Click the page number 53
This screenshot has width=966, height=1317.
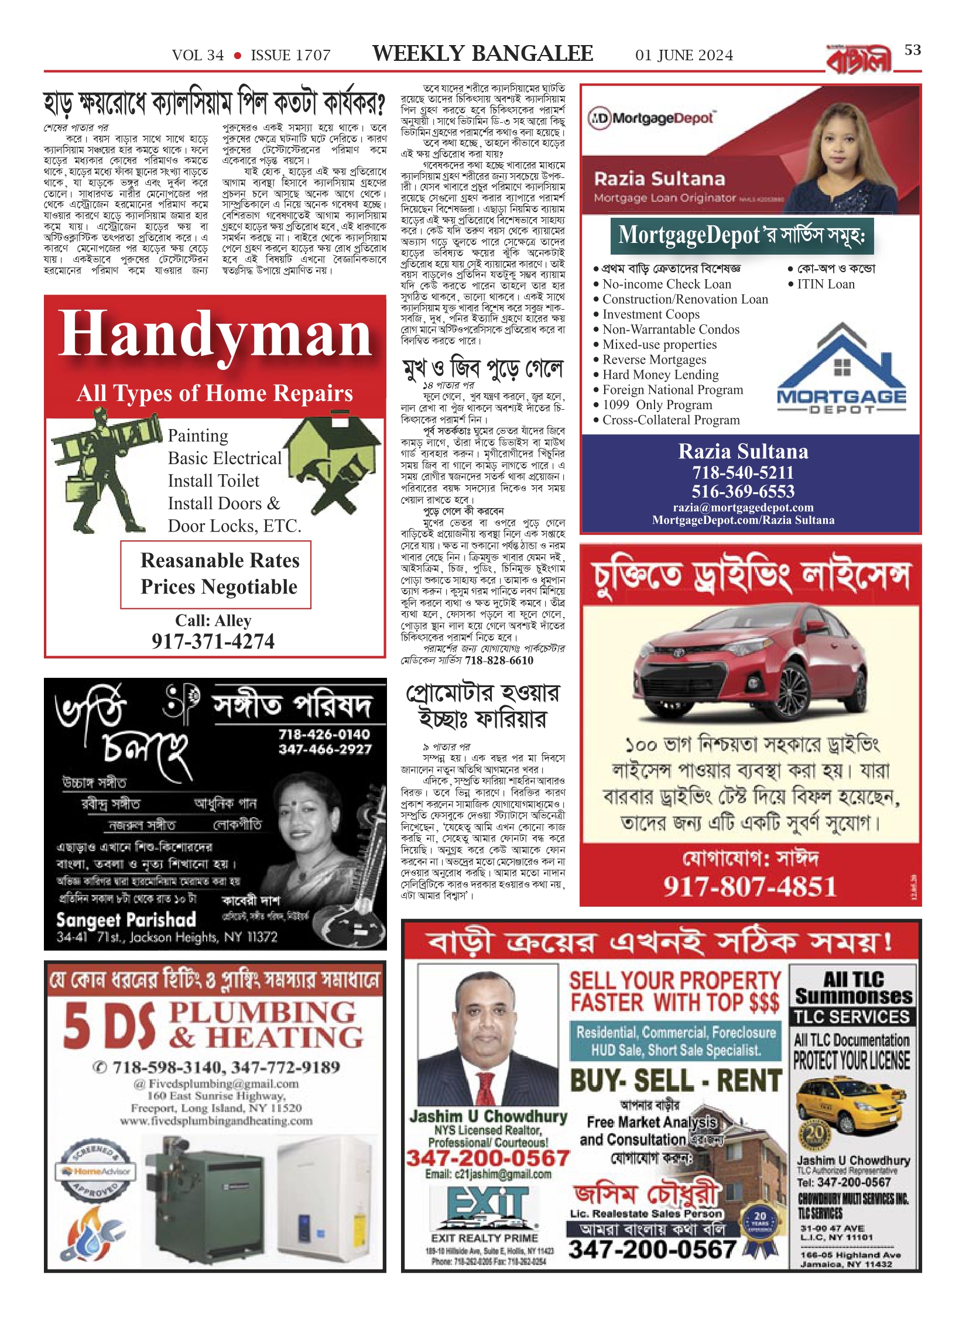(912, 50)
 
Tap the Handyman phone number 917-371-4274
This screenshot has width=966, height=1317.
(213, 641)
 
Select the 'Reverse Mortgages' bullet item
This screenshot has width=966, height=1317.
(654, 359)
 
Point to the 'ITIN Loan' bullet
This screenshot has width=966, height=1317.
(825, 284)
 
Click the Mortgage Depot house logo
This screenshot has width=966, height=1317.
(841, 369)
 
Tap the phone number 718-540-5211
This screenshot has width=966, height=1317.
(743, 472)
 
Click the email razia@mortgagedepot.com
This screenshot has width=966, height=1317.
(743, 507)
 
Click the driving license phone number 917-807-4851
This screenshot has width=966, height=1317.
(749, 886)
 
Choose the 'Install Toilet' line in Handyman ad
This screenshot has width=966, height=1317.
(213, 481)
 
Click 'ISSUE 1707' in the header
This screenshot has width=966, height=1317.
(290, 56)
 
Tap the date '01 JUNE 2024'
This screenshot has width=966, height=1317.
(684, 56)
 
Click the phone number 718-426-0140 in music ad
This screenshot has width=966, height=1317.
(324, 734)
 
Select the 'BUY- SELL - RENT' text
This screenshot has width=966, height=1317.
(676, 1080)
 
